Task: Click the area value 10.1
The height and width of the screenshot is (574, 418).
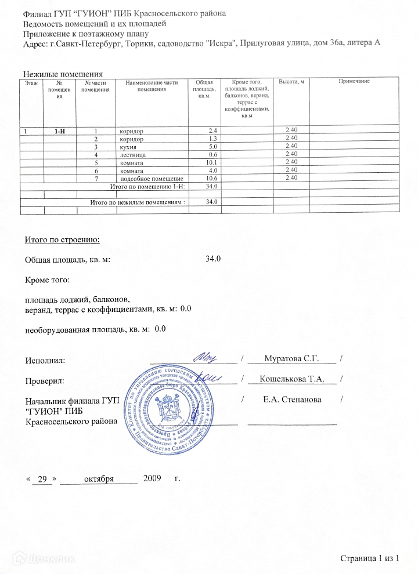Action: tap(212, 163)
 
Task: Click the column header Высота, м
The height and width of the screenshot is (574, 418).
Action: tap(291, 82)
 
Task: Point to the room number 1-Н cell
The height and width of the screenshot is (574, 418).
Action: tap(59, 132)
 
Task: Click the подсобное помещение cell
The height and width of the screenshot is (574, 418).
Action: tap(150, 179)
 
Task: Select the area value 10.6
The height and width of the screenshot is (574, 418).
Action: tap(212, 179)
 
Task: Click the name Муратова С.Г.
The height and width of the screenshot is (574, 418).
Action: tap(292, 359)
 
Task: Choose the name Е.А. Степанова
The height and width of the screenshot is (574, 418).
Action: tap(292, 399)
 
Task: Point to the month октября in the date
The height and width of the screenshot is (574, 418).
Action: tap(98, 479)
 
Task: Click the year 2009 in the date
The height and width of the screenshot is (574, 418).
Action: tap(152, 479)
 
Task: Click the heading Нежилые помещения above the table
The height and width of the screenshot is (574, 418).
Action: tap(63, 74)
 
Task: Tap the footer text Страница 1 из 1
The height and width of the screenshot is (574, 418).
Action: tap(370, 558)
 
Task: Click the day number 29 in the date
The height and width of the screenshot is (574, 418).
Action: tap(41, 479)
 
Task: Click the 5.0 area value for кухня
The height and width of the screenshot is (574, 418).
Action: tap(213, 147)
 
